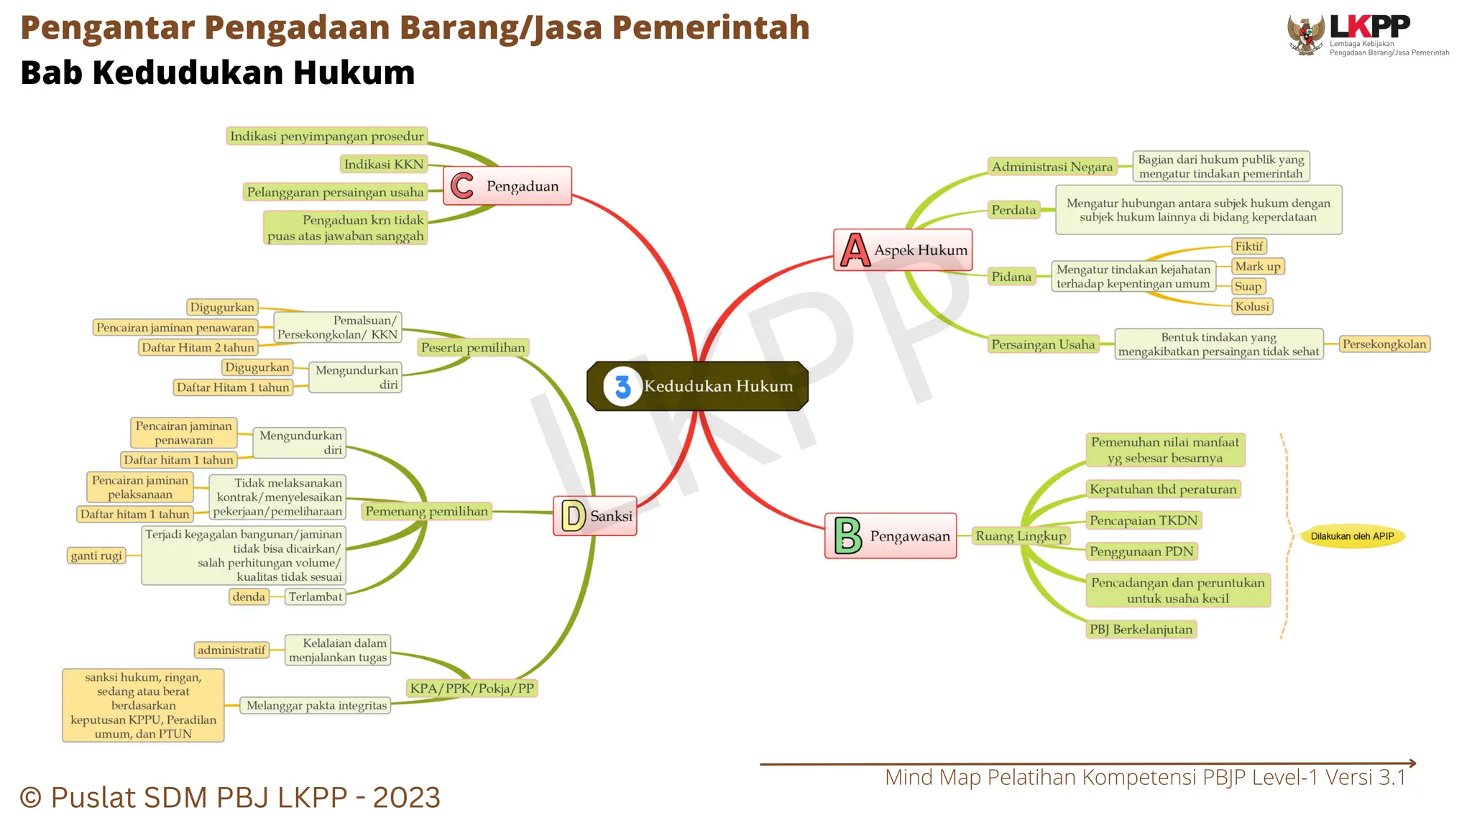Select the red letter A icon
point(855,250)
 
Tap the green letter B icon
point(847,536)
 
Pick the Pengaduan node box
point(507,186)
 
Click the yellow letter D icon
point(573,516)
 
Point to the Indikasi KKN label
point(384,165)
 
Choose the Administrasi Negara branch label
point(1052,167)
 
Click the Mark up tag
point(1257,267)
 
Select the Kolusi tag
point(1251,306)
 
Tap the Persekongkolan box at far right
point(1384,344)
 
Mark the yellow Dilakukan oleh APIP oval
point(1351,536)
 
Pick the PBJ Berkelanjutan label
point(1141,630)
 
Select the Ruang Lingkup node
point(1020,536)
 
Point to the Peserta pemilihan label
point(473,348)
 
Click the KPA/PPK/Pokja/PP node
point(471,689)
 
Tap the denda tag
point(249,597)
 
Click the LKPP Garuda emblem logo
point(1306,35)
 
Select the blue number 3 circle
point(622,387)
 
